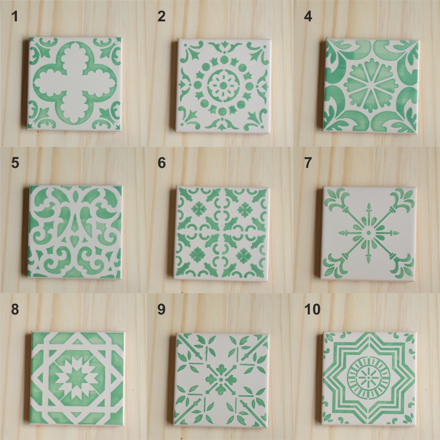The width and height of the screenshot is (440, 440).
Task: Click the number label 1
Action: (x=15, y=17)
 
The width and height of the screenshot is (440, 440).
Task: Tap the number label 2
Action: (x=162, y=17)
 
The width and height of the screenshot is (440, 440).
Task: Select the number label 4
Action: (x=308, y=17)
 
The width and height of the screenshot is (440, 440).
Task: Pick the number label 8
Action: (x=15, y=310)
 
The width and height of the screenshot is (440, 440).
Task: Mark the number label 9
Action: (x=162, y=310)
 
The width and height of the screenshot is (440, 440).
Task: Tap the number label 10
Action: (x=312, y=310)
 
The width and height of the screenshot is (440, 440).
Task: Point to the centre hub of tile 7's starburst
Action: (x=368, y=233)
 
